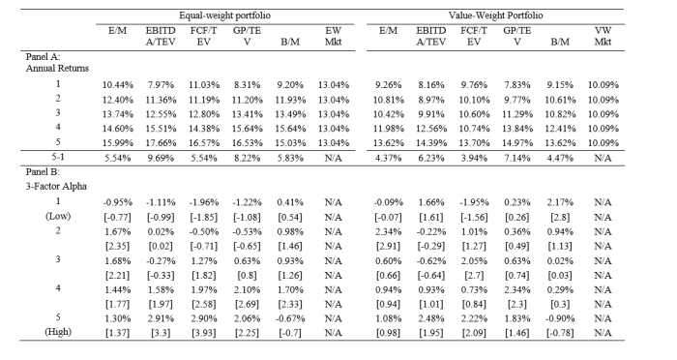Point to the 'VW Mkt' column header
point(603,38)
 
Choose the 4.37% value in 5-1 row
point(387,155)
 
